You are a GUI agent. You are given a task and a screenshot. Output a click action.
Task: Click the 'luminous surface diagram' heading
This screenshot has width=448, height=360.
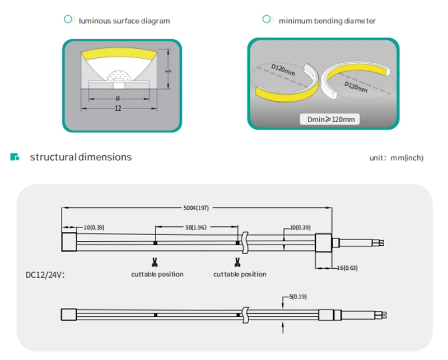(124, 21)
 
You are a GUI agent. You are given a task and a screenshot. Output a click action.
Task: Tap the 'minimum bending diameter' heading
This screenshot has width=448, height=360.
(327, 21)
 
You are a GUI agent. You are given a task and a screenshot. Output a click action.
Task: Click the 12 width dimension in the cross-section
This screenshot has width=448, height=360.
(118, 108)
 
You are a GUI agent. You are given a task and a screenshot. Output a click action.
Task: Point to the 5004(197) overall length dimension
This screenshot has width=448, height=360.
(196, 208)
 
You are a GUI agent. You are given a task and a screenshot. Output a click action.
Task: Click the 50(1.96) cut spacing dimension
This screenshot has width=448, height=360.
(196, 227)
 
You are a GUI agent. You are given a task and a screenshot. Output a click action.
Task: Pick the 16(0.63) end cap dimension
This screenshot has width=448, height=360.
(347, 268)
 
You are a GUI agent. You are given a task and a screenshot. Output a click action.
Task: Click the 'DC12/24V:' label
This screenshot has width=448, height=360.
(45, 275)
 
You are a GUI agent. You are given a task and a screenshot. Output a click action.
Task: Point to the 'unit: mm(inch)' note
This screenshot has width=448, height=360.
(396, 158)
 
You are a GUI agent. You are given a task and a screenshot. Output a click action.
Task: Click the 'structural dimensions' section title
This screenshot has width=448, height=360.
(81, 157)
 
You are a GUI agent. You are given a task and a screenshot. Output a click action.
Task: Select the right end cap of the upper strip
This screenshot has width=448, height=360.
(324, 244)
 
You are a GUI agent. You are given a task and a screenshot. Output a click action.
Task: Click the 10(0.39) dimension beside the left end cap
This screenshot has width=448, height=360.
(94, 227)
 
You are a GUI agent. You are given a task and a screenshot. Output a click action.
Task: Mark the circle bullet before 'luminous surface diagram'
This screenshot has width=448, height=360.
(68, 20)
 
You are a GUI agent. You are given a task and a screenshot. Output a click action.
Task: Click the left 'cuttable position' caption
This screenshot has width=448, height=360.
(157, 274)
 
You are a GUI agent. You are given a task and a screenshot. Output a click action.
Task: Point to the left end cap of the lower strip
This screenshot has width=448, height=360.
(69, 315)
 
